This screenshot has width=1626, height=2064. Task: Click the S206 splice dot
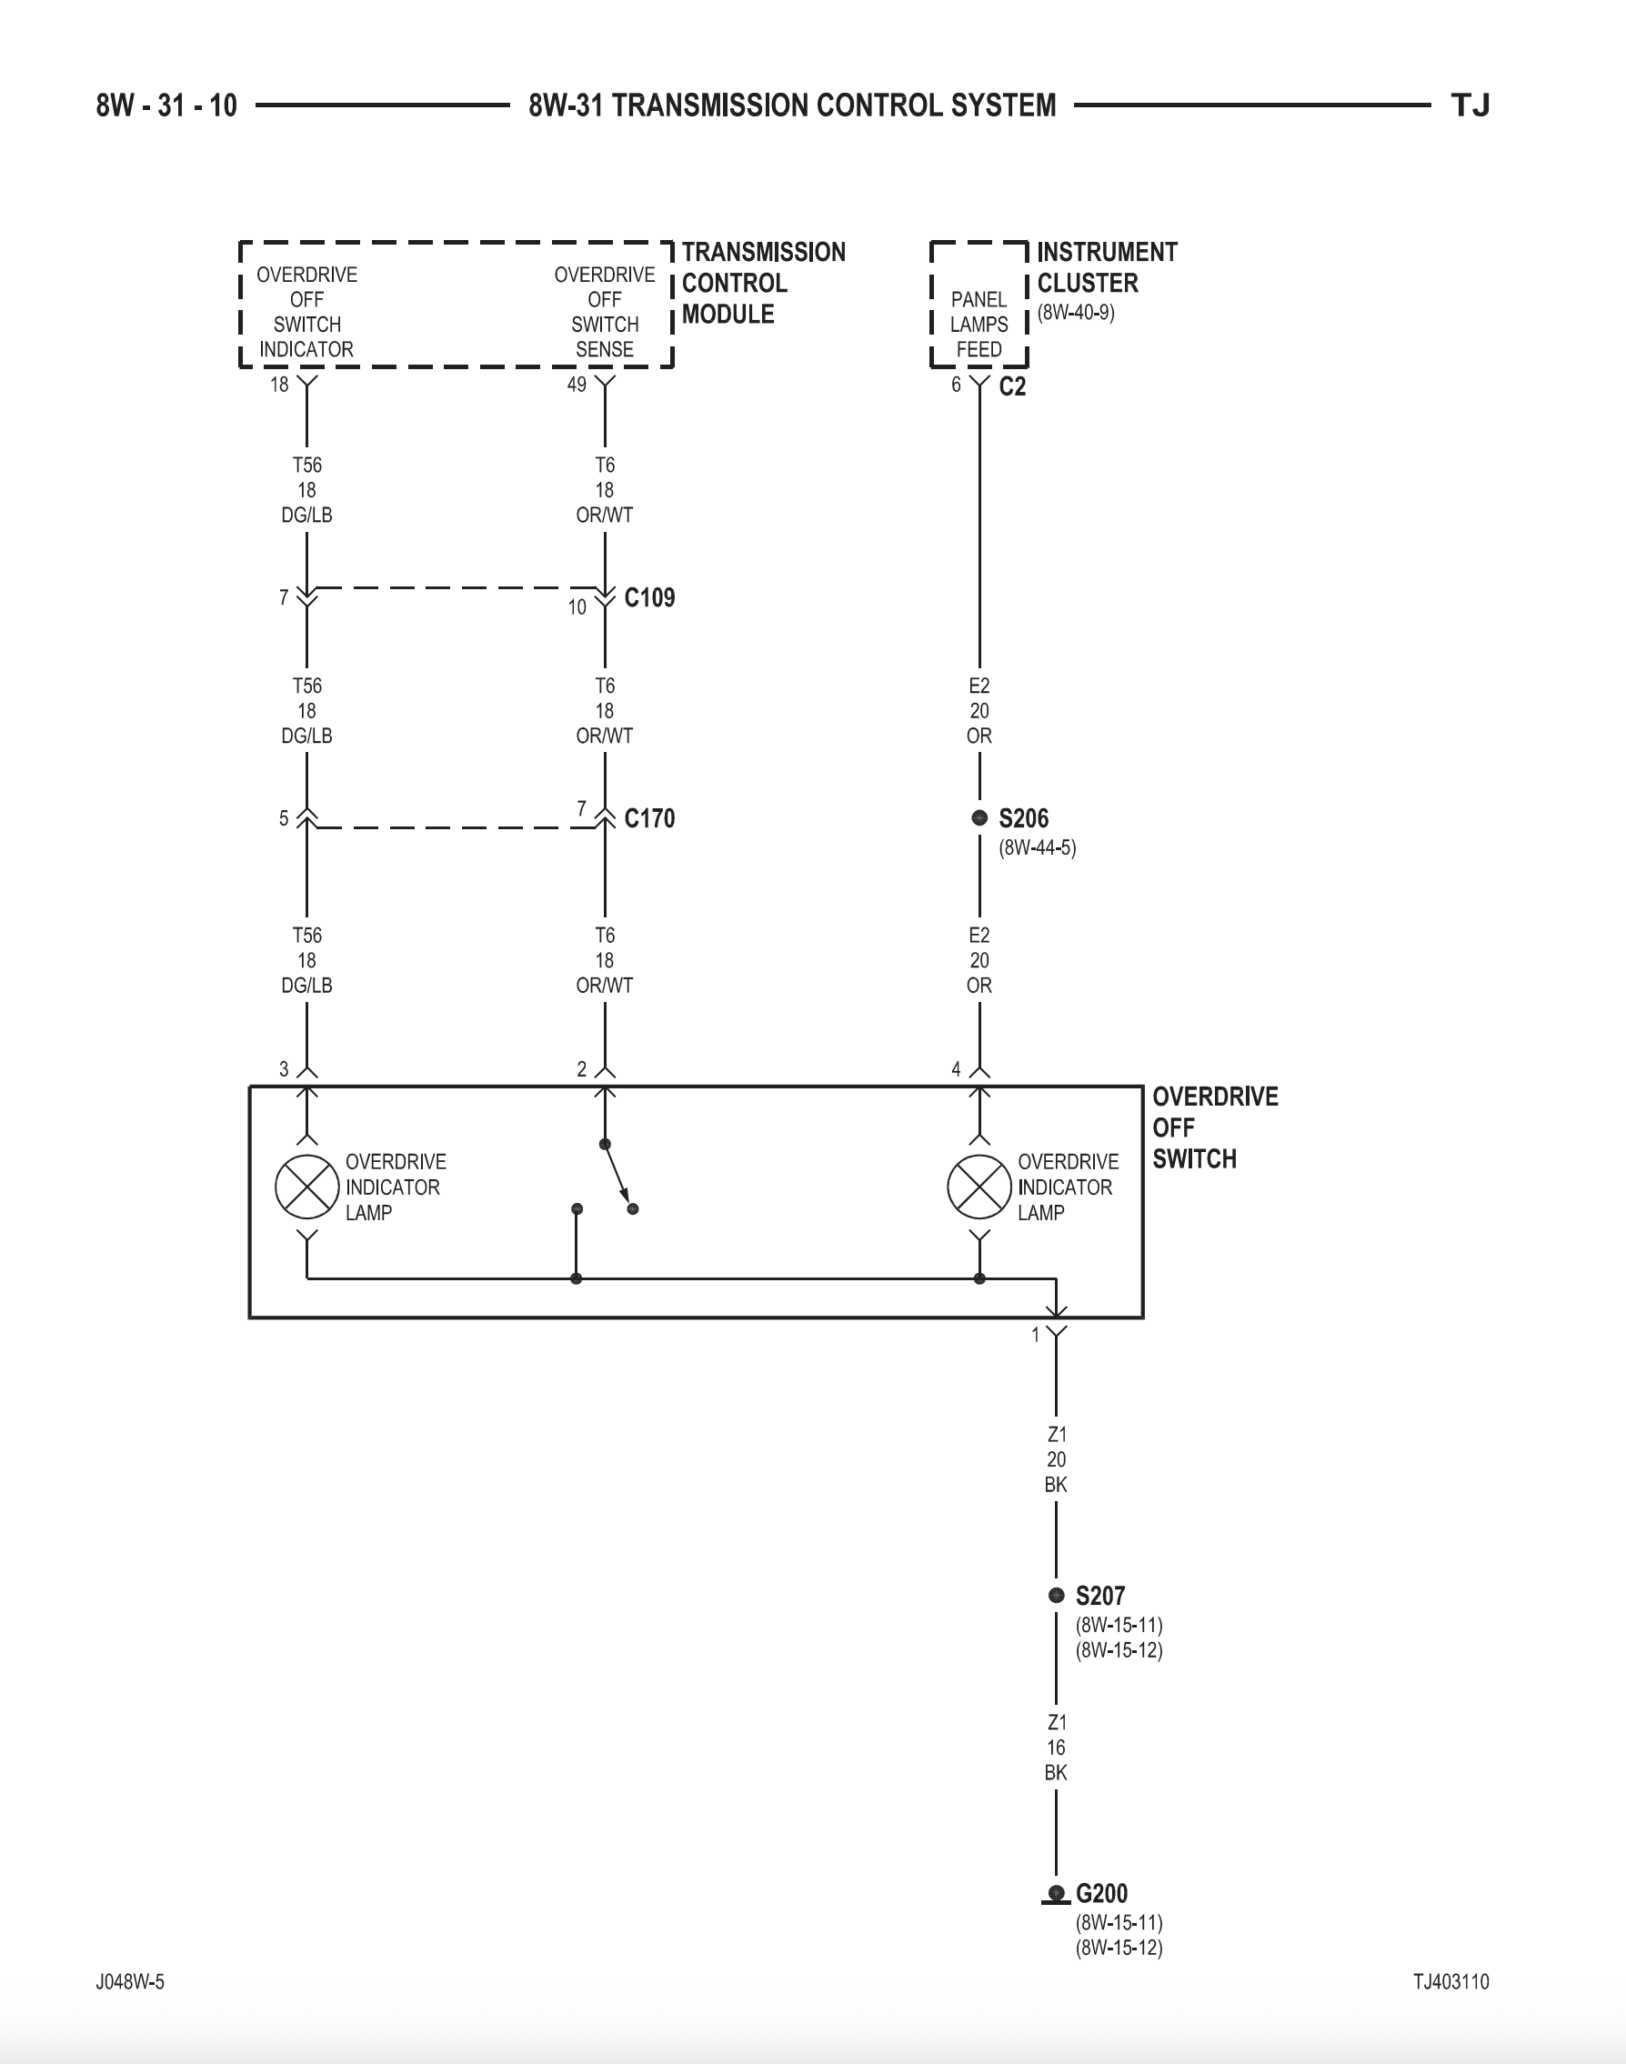coord(979,817)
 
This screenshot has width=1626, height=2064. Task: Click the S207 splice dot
coord(1056,1595)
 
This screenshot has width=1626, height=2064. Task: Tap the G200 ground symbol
coord(1056,1894)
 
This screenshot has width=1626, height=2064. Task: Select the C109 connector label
coord(649,597)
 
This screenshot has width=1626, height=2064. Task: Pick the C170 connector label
coord(649,818)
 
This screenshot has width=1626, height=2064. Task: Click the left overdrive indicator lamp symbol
coord(306,1187)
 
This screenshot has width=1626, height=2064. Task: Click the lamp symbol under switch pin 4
coord(979,1187)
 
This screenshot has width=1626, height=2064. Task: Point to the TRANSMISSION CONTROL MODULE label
coord(763,283)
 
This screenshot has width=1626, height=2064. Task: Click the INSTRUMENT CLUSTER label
coord(1106,267)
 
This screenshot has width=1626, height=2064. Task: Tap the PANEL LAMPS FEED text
coord(979,325)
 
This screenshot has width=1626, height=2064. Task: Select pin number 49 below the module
coord(577,385)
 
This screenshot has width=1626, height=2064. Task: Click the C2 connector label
coord(1012,386)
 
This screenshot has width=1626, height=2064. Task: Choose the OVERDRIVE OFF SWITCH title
coord(1214,1127)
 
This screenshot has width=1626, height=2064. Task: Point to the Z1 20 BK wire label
coord(1056,1458)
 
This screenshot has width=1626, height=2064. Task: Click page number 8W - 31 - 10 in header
coord(166,105)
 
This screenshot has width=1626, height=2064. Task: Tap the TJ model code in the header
coord(1469,105)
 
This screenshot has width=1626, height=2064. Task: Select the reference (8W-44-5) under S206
coord(1037,847)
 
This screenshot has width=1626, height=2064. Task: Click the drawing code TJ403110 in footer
coord(1450,1981)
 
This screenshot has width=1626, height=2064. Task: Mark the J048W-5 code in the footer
coord(130,1981)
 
